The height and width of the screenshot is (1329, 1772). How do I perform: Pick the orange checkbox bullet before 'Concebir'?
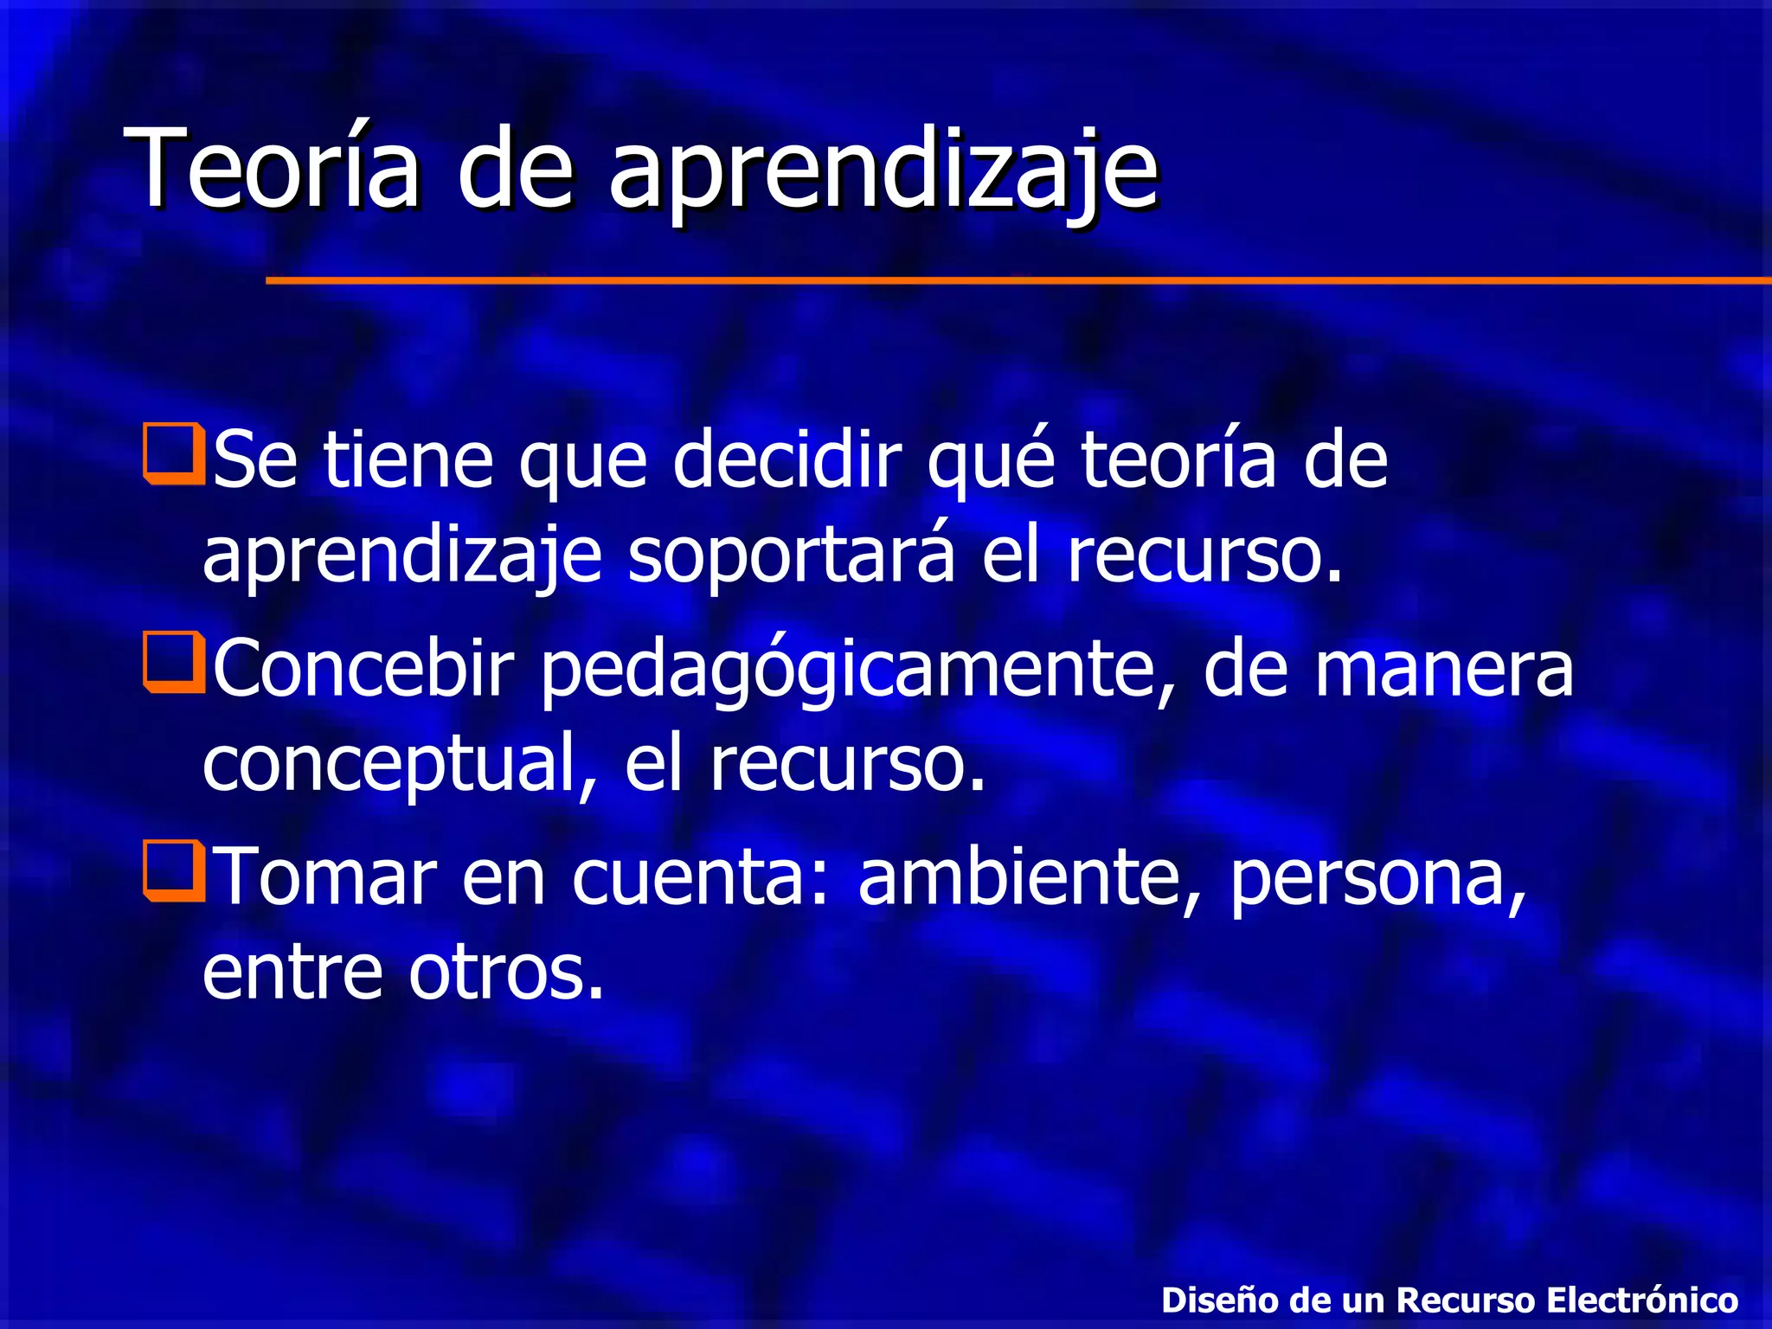[x=174, y=663]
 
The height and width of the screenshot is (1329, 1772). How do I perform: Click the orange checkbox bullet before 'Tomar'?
[x=174, y=871]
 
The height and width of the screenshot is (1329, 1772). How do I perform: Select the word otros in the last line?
[x=505, y=971]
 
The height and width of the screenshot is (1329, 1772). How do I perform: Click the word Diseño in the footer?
[x=1220, y=1300]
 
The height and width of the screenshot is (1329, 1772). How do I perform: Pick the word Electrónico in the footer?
[x=1641, y=1300]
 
